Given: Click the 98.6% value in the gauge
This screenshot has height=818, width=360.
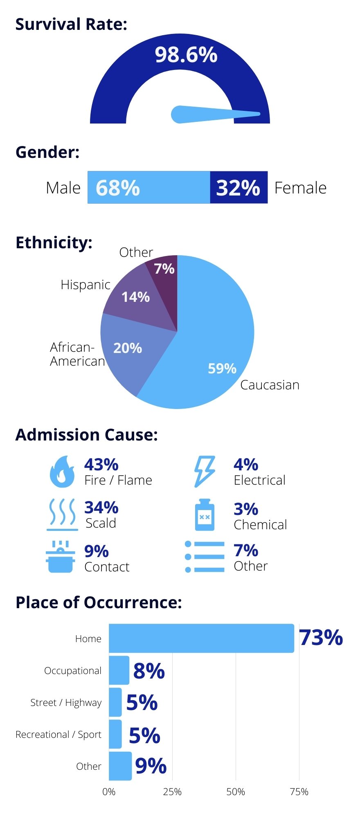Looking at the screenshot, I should point(186,55).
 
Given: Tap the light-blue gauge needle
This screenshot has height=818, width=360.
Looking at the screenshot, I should point(213,114).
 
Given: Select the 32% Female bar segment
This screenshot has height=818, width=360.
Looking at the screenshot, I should point(239,187).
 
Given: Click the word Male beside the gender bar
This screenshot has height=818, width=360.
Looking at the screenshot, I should point(63,188).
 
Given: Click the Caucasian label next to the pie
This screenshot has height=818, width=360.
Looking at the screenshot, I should point(270,385).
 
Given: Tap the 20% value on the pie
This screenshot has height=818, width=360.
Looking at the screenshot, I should point(128,348).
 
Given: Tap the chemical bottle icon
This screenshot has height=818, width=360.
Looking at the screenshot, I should point(205,515).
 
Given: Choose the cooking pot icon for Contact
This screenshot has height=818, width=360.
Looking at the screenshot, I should point(61,557).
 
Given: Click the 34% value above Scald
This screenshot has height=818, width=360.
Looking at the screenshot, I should point(101,508).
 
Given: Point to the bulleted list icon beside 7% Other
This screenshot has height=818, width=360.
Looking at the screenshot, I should point(205,557).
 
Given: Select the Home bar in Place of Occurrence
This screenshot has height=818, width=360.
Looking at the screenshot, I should point(201,638).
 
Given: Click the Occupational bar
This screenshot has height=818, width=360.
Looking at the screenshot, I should point(119,670).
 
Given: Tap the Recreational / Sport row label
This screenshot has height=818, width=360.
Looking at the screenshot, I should point(58,735).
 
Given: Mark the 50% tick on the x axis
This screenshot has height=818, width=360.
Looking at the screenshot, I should point(236,792).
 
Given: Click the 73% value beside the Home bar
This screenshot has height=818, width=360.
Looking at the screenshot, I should point(321,638).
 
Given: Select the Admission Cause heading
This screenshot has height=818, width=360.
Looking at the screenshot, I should point(86,435).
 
